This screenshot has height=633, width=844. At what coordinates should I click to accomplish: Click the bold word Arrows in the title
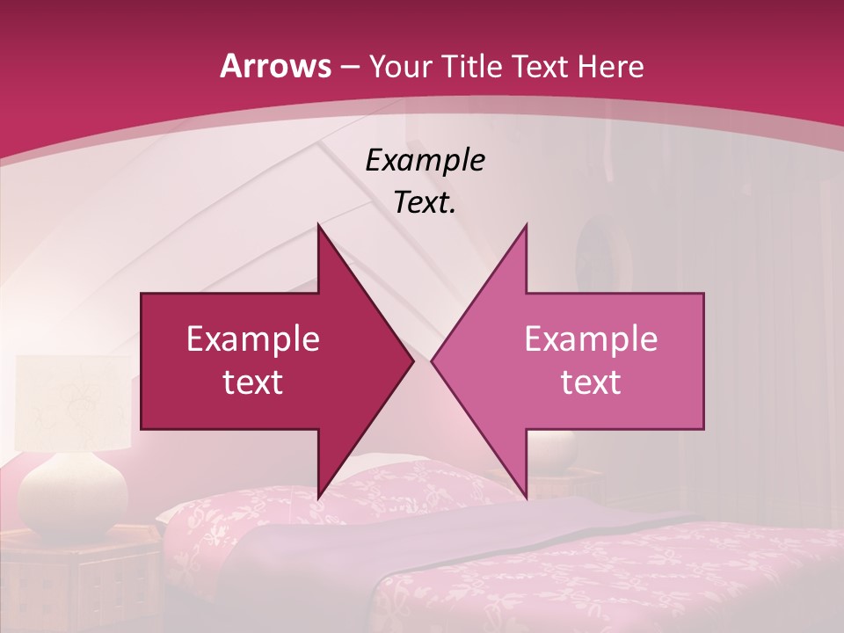click(275, 67)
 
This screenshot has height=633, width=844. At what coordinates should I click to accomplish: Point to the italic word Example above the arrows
click(426, 161)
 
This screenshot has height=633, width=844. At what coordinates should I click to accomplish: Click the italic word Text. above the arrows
click(426, 203)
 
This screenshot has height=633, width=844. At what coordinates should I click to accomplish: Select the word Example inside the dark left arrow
click(253, 339)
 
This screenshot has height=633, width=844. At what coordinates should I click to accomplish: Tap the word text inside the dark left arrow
click(253, 382)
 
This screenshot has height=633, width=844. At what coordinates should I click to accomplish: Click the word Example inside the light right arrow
click(591, 339)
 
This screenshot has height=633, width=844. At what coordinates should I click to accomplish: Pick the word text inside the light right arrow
click(591, 382)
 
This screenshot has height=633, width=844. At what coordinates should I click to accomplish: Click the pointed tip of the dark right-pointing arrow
click(412, 361)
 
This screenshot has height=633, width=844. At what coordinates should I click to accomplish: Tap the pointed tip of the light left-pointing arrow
click(433, 361)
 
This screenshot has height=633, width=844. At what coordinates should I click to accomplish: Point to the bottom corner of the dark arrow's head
click(318, 497)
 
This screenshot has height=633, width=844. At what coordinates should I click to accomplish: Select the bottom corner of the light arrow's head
click(526, 497)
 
